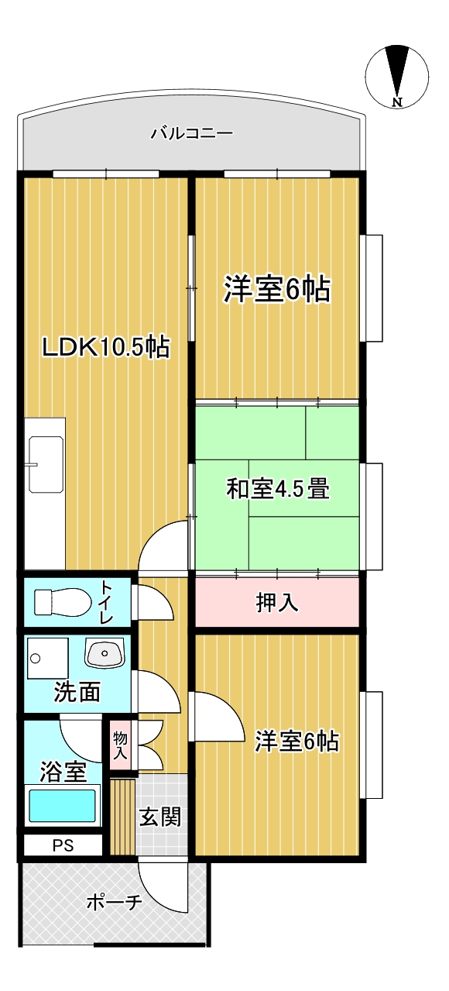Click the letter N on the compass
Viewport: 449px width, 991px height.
tap(397, 102)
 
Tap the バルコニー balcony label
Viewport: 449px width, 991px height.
tap(192, 133)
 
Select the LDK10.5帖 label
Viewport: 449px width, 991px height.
tap(105, 346)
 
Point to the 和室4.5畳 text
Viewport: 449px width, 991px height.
tap(278, 489)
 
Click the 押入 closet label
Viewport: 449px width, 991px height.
tap(277, 602)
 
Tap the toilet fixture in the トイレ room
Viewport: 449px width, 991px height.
tap(63, 602)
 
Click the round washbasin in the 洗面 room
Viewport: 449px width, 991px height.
tap(105, 653)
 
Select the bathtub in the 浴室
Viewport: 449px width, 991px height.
tap(63, 807)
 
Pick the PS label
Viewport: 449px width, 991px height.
tap(63, 846)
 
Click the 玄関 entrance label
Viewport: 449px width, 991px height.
tap(160, 817)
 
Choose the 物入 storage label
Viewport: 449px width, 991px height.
tap(120, 745)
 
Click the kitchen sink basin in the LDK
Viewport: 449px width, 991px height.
tap(46, 464)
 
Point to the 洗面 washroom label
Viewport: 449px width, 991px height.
tap(77, 692)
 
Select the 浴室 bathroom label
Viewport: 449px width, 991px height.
tap(63, 772)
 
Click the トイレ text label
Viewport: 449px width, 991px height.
tap(107, 602)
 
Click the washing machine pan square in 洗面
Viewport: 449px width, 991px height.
tap(48, 659)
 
